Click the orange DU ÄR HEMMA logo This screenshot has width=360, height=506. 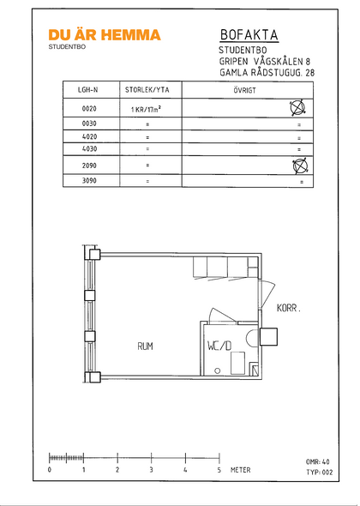105,35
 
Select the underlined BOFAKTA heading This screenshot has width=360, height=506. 249,35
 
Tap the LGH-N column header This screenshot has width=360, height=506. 87,90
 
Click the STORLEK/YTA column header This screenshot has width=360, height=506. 147,90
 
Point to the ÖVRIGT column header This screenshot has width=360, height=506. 245,90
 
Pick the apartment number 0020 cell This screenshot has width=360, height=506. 89,109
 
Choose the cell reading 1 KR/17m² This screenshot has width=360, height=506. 146,109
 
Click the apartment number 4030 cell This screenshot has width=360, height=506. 89,149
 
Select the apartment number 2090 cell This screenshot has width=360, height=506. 89,166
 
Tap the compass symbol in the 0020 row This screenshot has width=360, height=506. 297,108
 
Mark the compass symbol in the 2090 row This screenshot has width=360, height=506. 300,166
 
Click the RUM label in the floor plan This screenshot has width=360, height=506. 145,346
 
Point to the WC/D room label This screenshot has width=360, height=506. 219,346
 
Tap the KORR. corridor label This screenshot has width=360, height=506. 289,308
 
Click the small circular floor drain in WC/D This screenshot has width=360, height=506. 218,370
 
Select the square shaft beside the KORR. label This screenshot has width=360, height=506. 268,337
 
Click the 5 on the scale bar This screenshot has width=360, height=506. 219,470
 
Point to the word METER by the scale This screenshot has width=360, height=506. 240,470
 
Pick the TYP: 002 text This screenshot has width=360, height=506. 319,473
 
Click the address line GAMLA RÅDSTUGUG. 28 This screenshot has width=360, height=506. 267,73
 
